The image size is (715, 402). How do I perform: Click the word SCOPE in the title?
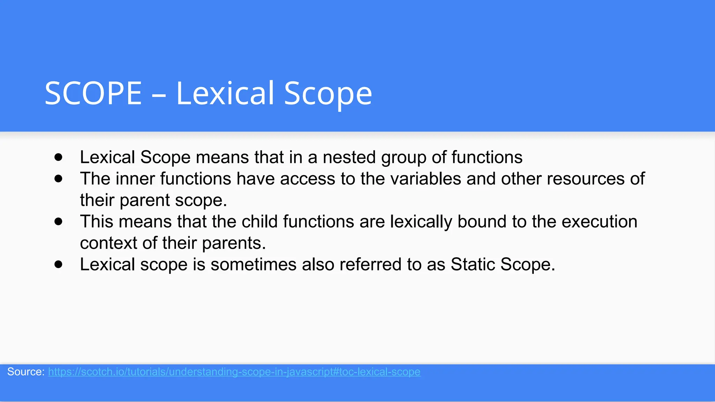tap(93, 93)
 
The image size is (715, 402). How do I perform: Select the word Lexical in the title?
tap(225, 93)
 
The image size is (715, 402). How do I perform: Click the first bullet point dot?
tap(58, 157)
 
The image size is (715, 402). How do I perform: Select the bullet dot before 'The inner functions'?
tap(58, 179)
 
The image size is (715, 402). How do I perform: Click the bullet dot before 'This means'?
tap(58, 222)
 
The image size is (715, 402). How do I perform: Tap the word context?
tap(108, 243)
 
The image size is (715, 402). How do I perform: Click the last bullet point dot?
tap(58, 265)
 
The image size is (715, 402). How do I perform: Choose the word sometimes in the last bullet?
tap(253, 265)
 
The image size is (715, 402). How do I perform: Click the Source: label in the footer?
tap(25, 372)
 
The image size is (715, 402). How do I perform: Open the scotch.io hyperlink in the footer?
tap(234, 372)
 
